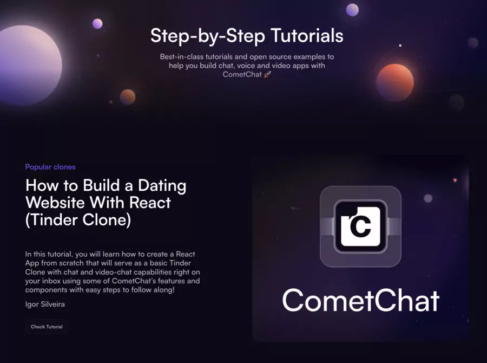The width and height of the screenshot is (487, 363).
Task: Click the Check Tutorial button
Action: (x=47, y=327)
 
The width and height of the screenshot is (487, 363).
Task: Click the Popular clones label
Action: (x=50, y=167)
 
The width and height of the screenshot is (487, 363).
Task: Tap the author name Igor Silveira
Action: (x=45, y=304)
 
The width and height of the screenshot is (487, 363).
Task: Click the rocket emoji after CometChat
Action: (x=267, y=74)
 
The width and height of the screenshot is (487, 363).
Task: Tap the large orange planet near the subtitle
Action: (x=394, y=82)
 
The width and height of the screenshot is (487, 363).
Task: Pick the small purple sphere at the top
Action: (x=352, y=10)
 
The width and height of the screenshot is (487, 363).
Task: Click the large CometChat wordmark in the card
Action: (x=360, y=300)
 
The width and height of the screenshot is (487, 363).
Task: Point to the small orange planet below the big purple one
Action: (x=128, y=97)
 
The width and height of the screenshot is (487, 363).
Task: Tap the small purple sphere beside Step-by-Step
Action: (x=97, y=23)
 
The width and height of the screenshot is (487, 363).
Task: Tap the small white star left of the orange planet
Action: (x=400, y=46)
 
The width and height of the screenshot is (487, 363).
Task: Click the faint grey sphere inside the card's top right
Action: (x=428, y=198)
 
